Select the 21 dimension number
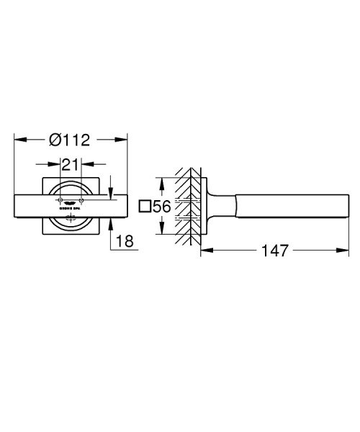click(70, 165)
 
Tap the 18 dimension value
click(125, 242)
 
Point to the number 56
click(162, 207)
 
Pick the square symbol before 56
click(144, 207)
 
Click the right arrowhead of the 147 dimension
click(336, 251)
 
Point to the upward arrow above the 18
click(111, 222)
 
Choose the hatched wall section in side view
click(189, 207)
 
